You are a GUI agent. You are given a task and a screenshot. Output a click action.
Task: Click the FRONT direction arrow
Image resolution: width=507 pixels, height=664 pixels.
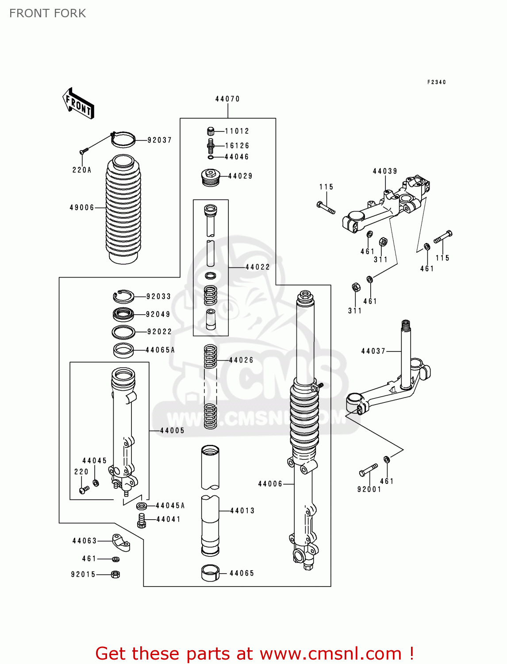(x=78, y=104)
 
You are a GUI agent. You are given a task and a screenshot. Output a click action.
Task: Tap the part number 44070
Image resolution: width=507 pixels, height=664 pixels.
(x=227, y=99)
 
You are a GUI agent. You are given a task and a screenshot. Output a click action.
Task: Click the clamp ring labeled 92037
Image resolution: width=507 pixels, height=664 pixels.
(x=123, y=139)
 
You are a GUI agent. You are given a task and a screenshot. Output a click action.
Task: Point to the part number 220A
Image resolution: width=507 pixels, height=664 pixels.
(x=82, y=170)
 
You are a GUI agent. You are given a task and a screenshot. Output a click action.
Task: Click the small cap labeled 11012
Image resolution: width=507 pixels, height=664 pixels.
(x=211, y=131)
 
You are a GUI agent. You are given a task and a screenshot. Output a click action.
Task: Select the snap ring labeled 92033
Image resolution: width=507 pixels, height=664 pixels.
(x=123, y=296)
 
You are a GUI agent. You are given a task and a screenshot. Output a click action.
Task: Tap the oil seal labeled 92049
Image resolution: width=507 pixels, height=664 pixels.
(x=123, y=314)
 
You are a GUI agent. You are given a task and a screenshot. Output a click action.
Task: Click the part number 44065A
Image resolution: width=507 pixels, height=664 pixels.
(x=160, y=350)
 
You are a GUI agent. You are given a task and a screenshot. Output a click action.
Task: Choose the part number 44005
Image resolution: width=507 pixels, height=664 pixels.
(x=172, y=430)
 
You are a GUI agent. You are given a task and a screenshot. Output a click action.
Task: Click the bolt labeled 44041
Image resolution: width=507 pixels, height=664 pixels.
(x=142, y=520)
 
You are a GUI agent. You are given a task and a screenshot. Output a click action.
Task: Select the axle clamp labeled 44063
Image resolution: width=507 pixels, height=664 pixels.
(x=121, y=542)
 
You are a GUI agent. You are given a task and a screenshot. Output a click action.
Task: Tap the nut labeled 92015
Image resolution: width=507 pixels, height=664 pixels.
(x=115, y=574)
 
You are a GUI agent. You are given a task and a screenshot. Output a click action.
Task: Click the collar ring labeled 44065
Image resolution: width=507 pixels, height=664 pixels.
(x=211, y=573)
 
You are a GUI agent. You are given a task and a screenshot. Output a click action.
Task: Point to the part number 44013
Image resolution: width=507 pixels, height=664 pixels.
(x=242, y=510)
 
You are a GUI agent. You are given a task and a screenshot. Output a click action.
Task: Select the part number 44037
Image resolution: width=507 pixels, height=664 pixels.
(x=373, y=351)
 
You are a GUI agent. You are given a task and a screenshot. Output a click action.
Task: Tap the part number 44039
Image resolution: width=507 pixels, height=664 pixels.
(x=385, y=171)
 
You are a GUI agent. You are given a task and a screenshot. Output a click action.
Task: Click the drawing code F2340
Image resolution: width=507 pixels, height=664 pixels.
(x=436, y=82)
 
